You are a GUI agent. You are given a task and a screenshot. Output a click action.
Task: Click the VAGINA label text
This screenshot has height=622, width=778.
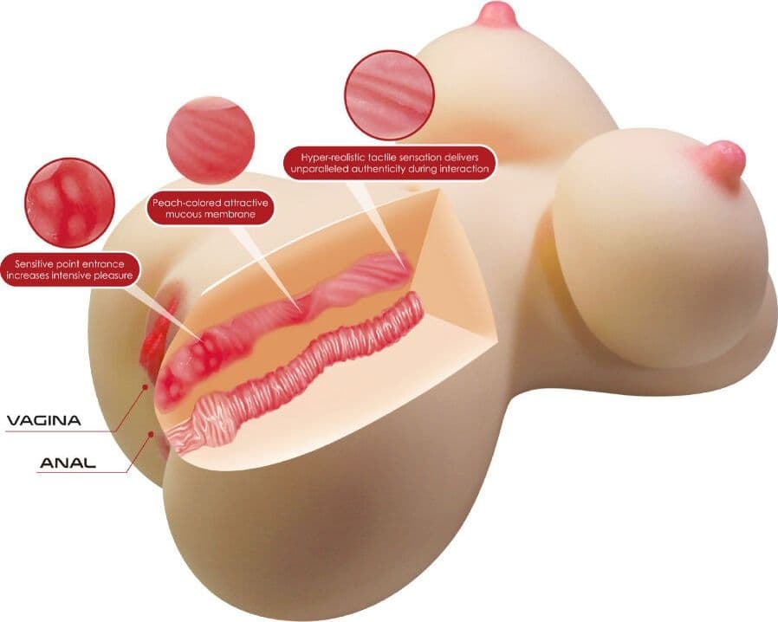click(43, 421)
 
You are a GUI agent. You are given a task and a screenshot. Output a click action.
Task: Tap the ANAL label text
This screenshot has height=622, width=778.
click(68, 463)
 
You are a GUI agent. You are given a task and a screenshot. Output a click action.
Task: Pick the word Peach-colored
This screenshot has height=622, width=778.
click(183, 204)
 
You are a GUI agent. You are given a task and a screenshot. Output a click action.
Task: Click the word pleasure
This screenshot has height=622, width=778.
click(113, 275)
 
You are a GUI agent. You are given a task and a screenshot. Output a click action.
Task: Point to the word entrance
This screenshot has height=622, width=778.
click(103, 264)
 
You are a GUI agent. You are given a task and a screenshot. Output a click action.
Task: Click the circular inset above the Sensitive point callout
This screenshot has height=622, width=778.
click(70, 203)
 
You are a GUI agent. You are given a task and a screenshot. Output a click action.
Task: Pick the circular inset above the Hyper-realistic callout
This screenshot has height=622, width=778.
click(390, 95)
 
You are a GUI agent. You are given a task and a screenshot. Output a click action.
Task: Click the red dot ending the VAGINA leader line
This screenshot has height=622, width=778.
click(146, 386)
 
